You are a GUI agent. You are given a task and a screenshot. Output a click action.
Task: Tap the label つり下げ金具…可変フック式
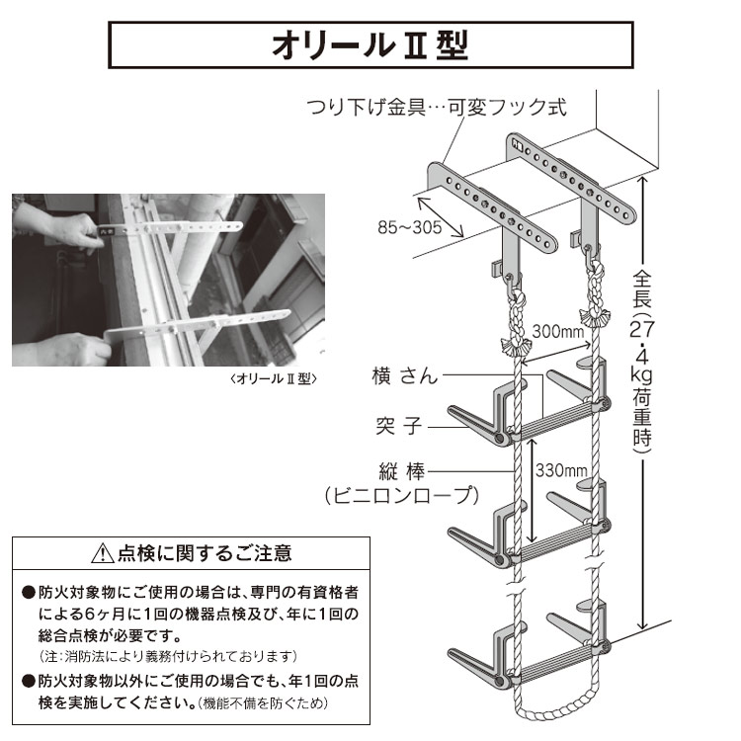point(436,107)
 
